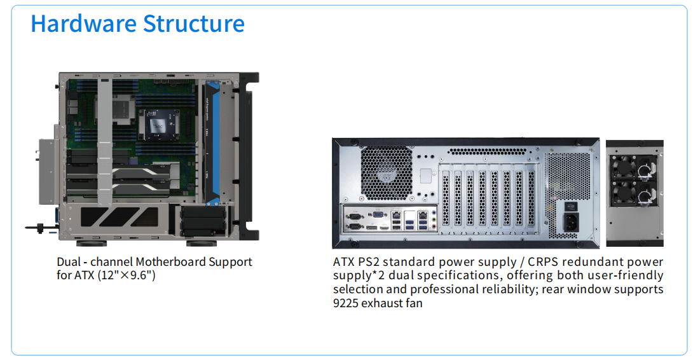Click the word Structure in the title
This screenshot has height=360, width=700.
coord(193,24)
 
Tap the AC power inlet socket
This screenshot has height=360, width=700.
coord(571,223)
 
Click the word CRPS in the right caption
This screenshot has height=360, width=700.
coord(546,262)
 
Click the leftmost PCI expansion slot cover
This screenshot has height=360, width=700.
coord(445,197)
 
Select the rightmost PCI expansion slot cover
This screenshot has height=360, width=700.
coord(530,197)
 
